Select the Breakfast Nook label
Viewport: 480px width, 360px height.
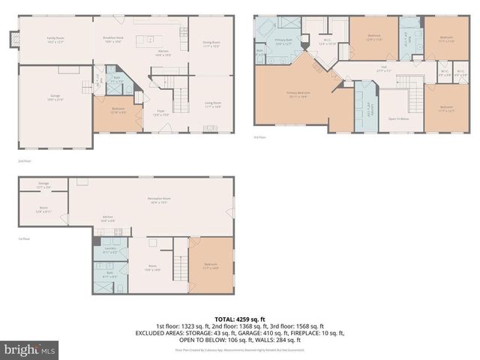[112, 40]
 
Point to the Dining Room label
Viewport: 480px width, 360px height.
[211, 43]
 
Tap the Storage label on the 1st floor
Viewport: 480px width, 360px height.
[43, 184]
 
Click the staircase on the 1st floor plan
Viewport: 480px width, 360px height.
[179, 264]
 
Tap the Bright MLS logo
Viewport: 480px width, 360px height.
[30, 349]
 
